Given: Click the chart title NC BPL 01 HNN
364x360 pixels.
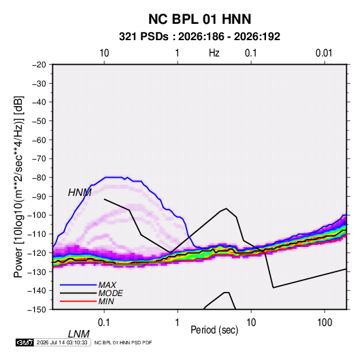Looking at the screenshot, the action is tap(199, 19).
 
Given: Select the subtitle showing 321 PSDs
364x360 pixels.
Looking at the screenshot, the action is tap(199, 37).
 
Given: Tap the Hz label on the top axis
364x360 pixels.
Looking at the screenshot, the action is tap(214, 53).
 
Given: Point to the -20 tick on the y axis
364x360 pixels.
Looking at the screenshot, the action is tap(39, 65).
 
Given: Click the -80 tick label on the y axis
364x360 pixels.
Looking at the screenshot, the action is tap(39, 178).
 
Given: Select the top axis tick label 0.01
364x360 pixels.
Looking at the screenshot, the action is tap(324, 53).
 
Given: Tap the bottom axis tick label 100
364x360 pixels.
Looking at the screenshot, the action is tap(325, 323).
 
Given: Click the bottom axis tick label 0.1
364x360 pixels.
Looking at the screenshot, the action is tap(104, 323).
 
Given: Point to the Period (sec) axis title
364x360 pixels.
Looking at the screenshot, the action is tap(214, 330).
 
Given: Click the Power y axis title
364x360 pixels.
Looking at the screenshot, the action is tap(18, 187).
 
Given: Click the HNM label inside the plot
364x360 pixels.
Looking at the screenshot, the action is tap(80, 193).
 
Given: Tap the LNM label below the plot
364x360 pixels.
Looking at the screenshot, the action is tap(79, 334).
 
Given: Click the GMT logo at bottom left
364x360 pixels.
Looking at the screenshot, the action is tap(24, 342).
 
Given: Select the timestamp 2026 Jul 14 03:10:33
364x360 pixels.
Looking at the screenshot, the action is tap(62, 342).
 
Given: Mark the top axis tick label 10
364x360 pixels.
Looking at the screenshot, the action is tap(104, 53).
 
